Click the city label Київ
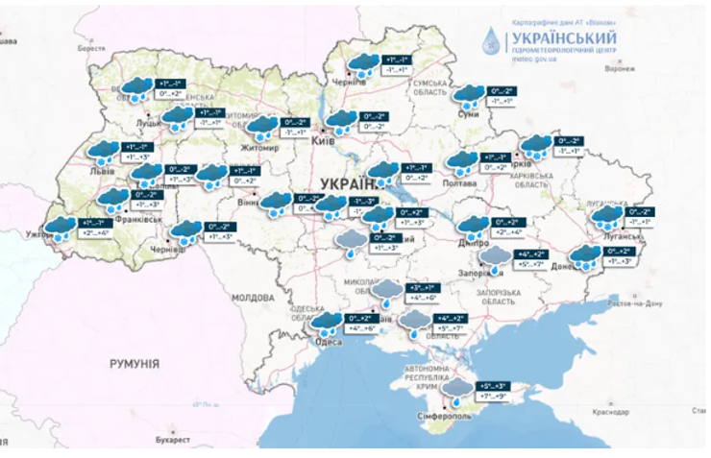324,141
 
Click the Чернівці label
168,248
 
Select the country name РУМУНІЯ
134,364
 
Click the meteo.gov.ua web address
537,59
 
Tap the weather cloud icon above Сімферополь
459,389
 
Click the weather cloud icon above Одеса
329,322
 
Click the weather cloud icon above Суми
468,94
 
